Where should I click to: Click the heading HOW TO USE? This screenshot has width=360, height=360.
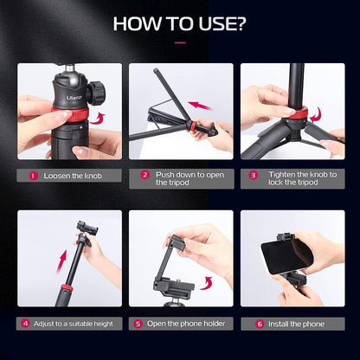point(180,22)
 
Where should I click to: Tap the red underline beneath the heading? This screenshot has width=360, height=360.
point(180,41)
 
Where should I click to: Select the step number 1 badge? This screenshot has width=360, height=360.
point(34,175)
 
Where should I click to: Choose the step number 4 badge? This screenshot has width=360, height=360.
point(26,323)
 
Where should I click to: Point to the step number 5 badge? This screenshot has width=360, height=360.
point(138,323)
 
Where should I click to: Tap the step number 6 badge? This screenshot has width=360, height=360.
point(259,323)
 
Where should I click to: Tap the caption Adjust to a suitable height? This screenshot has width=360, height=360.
point(71,323)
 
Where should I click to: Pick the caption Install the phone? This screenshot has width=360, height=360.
point(296,323)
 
